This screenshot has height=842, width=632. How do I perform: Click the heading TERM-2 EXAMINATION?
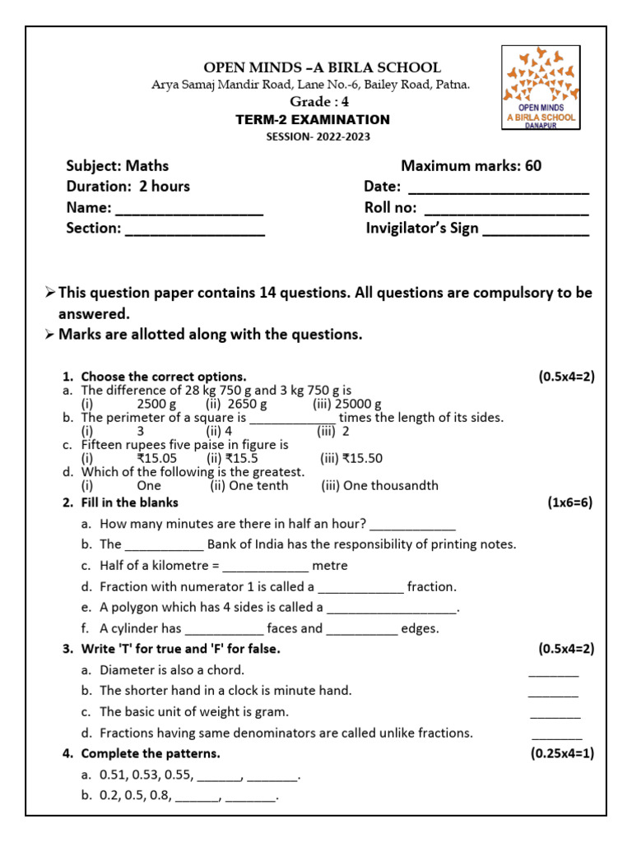(x=313, y=120)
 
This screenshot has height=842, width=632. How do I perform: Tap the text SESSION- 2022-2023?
(x=313, y=136)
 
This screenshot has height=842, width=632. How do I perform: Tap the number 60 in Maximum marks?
(x=532, y=166)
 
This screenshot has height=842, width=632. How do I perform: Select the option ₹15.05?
(x=156, y=458)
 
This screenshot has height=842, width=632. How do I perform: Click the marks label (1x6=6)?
(x=569, y=502)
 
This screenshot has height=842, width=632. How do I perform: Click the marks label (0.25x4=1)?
(x=563, y=753)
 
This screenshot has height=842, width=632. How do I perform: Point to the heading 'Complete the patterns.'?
(x=151, y=753)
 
